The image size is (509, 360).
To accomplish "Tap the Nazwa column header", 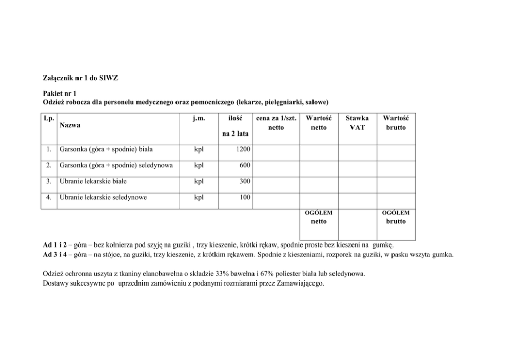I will (70, 125).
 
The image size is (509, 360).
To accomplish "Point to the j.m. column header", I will (199, 118).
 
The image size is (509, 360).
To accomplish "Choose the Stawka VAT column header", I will (357, 123).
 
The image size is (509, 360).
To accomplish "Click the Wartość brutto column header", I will (396, 123).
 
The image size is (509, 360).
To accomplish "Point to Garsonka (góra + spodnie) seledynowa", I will (116, 166).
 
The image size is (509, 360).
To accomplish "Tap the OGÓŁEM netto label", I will (319, 217).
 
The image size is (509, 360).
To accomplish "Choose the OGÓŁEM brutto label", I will (396, 217).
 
